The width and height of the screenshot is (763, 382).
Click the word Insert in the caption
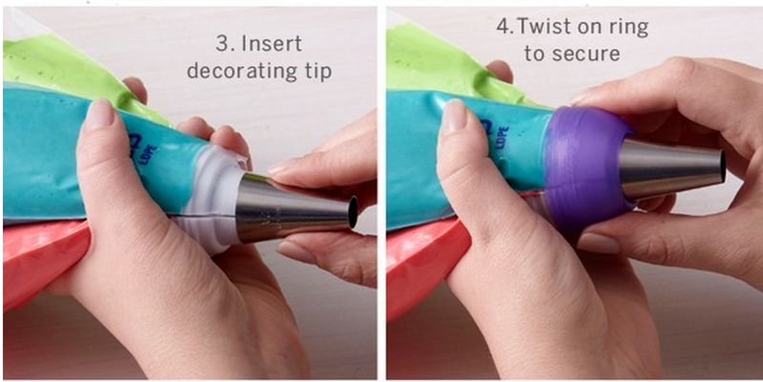click(272, 44)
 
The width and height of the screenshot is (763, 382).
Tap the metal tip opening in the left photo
click(353, 211)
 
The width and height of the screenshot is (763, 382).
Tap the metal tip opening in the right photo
click(722, 167)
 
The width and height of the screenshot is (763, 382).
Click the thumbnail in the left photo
click(99, 114)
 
